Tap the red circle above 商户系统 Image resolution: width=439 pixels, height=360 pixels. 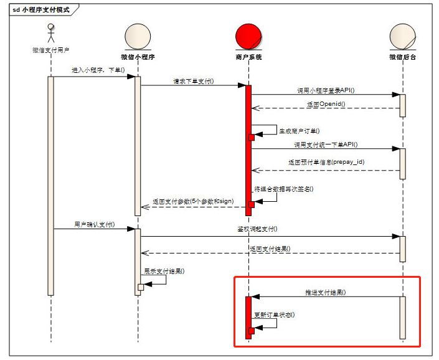248,36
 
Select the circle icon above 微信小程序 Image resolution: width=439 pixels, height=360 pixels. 138,37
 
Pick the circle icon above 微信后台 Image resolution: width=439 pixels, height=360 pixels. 402,37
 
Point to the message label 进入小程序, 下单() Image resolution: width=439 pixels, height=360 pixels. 93,70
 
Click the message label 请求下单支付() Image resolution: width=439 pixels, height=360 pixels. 194,81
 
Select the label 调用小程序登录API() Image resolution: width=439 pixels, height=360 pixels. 324,90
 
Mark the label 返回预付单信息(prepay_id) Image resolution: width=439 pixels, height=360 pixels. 326,162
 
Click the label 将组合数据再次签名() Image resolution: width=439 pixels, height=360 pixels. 283,189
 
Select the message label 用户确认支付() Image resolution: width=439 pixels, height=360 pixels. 94,224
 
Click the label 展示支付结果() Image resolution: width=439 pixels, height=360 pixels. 164,272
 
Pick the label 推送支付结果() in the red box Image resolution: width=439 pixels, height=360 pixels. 325,292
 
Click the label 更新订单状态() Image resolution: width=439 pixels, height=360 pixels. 275,315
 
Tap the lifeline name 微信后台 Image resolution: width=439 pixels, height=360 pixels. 402,57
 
